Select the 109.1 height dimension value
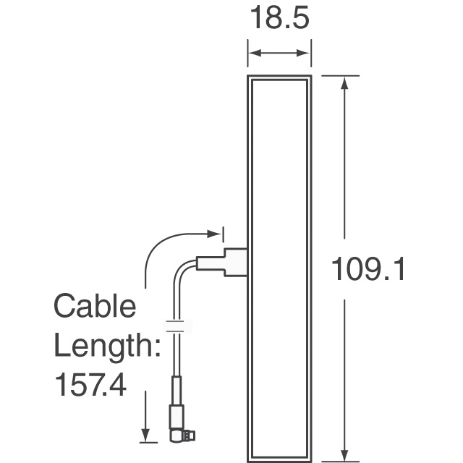(368, 270)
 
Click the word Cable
(95, 306)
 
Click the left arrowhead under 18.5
(253, 53)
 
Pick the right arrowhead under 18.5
(306, 53)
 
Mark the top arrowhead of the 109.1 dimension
(345, 82)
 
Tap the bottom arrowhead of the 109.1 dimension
(345, 454)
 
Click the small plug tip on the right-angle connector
(192, 436)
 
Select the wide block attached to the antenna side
(235, 262)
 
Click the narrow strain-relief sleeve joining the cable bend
(209, 263)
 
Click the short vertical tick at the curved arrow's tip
(224, 234)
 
